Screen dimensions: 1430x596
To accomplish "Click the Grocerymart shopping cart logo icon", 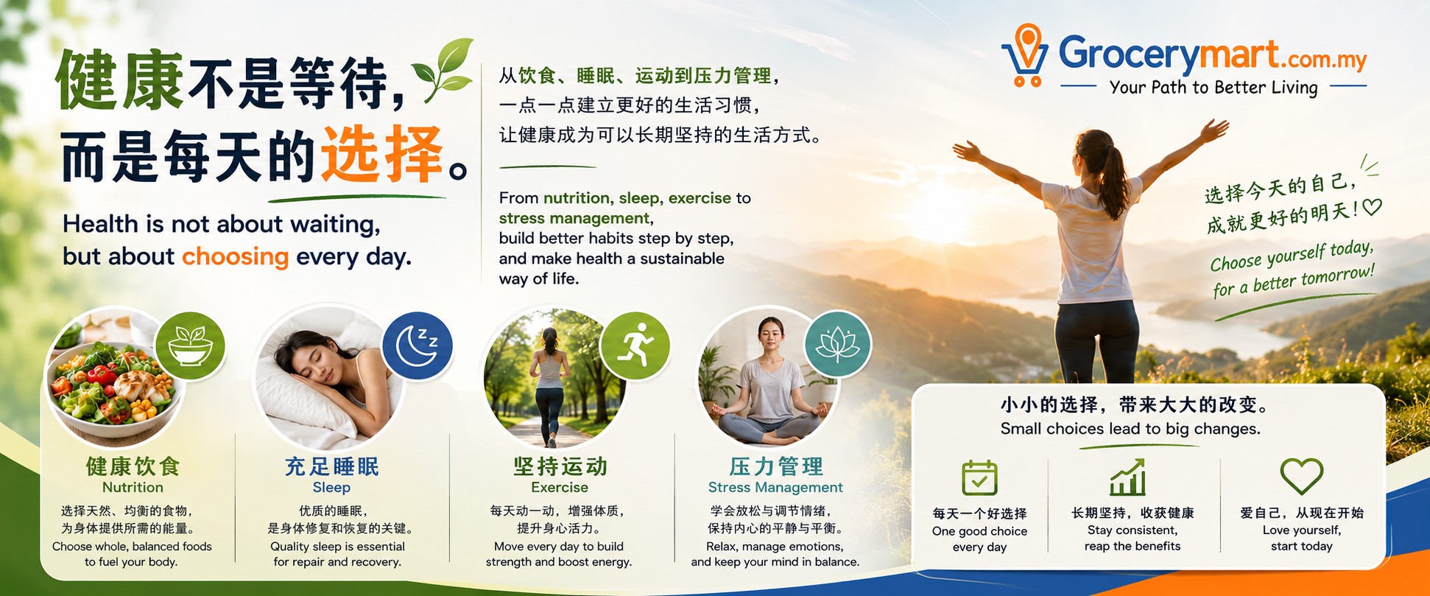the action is point(1025,55).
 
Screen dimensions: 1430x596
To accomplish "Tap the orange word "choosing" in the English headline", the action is point(235,256).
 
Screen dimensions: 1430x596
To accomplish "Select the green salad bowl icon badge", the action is point(190,346).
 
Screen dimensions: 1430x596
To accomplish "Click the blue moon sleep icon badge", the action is point(418,346).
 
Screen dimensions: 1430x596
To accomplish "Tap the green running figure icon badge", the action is point(635,346).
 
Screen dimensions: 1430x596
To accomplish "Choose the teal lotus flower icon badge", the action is point(838,346).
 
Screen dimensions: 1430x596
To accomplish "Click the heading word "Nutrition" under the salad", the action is point(133,487).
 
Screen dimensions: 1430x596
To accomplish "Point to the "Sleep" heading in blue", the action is point(331,487).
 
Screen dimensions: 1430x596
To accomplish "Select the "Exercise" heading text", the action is point(560,487).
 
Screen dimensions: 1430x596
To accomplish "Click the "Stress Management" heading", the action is point(775,487).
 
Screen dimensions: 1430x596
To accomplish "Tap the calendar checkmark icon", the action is point(979,477).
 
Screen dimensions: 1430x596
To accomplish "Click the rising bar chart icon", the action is point(1127,477).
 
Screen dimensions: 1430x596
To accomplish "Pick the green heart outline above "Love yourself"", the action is point(1301,476).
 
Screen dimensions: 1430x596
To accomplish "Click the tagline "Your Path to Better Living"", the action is point(1214,88).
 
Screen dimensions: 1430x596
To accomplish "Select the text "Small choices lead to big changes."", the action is point(1130,429).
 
